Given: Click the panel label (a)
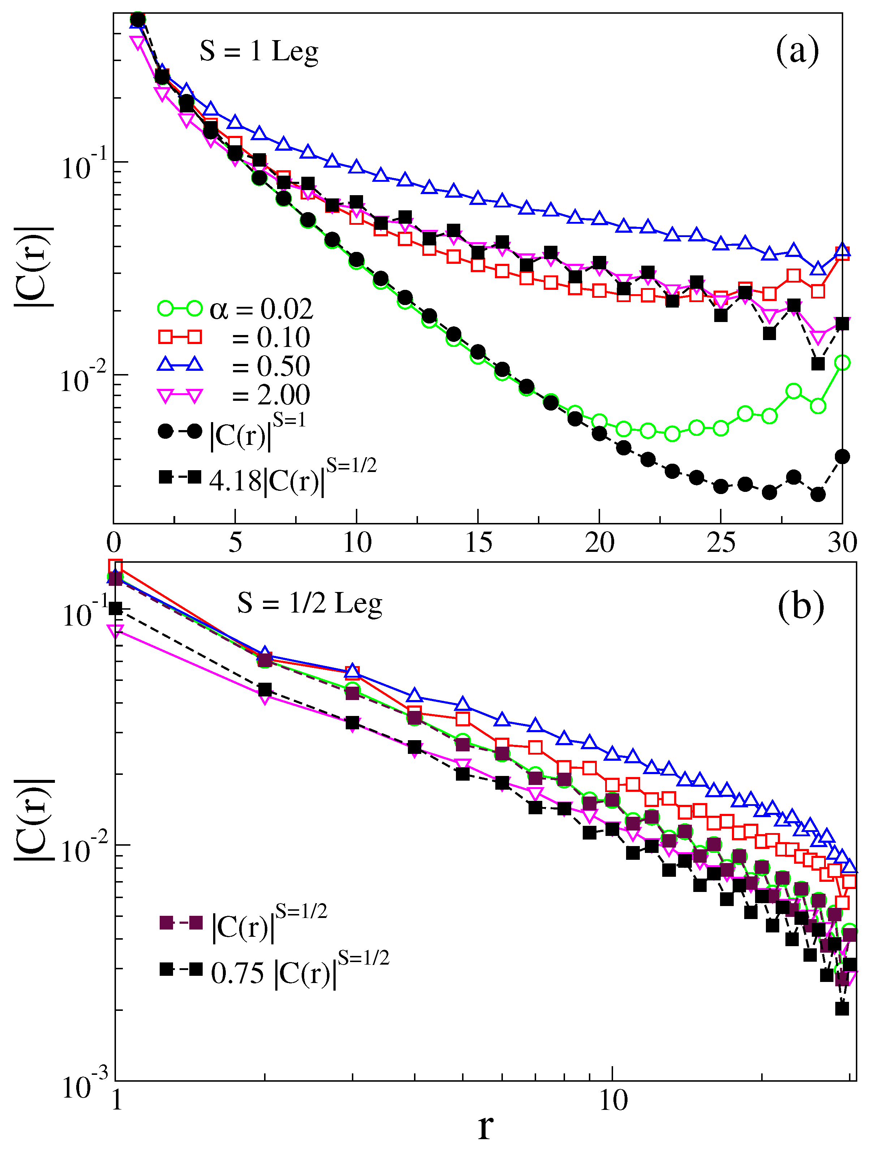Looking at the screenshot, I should pyautogui.click(x=797, y=52).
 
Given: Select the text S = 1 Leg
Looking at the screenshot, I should pyautogui.click(x=259, y=52).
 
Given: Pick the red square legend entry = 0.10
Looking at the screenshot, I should pyautogui.click(x=234, y=338).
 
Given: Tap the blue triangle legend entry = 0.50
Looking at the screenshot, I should pyautogui.click(x=234, y=366).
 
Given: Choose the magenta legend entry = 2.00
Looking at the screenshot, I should pyautogui.click(x=234, y=395).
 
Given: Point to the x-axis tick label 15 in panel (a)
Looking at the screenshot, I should pyautogui.click(x=478, y=544).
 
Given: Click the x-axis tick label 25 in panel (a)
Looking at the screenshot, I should pyautogui.click(x=721, y=544).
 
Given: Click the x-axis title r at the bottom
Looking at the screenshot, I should pyautogui.click(x=484, y=1128).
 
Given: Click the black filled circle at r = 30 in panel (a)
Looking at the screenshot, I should pyautogui.click(x=842, y=457).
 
